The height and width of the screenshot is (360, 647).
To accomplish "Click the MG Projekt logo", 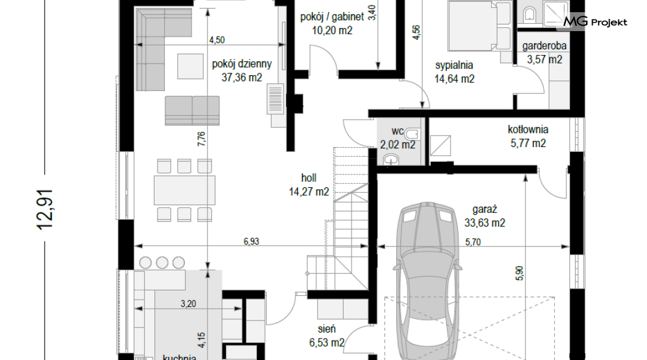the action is [x=595, y=22].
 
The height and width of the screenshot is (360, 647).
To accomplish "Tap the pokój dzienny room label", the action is [x=242, y=64].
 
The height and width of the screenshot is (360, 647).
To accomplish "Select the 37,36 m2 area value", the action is [x=242, y=77].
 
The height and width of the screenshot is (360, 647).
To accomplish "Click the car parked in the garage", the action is [x=428, y=281].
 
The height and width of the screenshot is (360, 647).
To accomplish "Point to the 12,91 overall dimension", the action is [x=45, y=209].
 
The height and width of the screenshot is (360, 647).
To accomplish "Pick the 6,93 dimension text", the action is [x=251, y=242].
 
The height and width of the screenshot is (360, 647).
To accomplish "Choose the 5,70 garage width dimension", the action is [x=473, y=242].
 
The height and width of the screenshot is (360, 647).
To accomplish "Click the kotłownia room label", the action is [x=528, y=129].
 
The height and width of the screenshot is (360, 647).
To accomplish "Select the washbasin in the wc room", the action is [x=391, y=160].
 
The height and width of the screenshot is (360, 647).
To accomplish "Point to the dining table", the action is [x=184, y=190].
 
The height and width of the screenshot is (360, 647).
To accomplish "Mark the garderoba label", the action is [x=544, y=46].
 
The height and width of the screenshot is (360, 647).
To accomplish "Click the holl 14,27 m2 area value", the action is [x=309, y=192].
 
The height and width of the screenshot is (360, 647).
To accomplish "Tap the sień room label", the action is [x=327, y=329].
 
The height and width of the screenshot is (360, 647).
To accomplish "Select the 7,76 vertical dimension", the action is [x=201, y=139].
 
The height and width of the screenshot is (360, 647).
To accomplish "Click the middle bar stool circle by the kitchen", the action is [x=162, y=262].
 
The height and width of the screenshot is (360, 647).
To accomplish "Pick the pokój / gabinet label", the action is [x=332, y=17].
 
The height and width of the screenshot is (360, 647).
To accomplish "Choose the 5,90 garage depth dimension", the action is [x=519, y=273].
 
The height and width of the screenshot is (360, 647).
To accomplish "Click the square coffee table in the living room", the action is [x=190, y=66].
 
